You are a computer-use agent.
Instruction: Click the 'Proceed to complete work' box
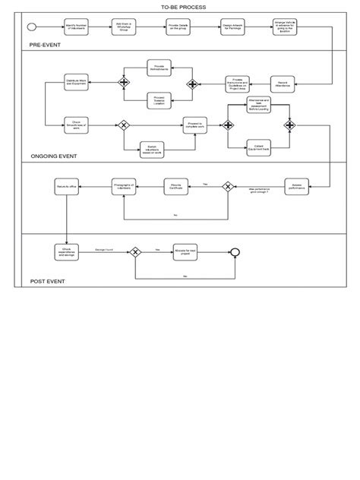[x=194, y=124]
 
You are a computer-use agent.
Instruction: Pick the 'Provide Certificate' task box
[x=175, y=185]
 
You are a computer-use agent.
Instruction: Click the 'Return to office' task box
[x=67, y=185]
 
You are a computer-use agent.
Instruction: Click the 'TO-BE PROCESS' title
[x=179, y=6]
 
